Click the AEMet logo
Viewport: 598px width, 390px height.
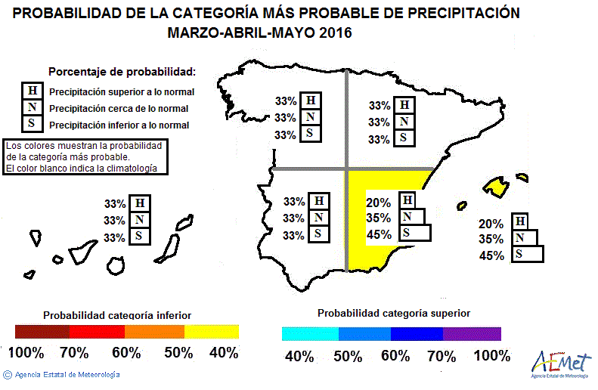[x=560, y=362]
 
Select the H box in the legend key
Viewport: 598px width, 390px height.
[x=33, y=91]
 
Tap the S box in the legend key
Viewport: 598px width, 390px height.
[x=33, y=124]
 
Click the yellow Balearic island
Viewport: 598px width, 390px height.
[x=496, y=185]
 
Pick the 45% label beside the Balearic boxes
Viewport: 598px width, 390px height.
[x=491, y=256]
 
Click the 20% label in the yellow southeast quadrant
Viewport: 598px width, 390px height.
[x=378, y=203]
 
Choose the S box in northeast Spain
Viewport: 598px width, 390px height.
[x=404, y=138]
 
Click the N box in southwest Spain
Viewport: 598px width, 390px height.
[x=320, y=218]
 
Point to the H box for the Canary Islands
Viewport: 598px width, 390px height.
[x=139, y=203]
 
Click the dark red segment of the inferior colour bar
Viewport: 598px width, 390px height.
[x=42, y=332]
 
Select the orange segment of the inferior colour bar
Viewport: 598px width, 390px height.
[x=154, y=332]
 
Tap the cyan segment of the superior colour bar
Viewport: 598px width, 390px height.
[x=310, y=334]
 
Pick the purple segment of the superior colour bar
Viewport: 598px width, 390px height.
[x=472, y=334]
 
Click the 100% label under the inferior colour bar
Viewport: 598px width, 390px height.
[x=26, y=353]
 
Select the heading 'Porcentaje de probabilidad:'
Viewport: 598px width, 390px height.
[x=122, y=72]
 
